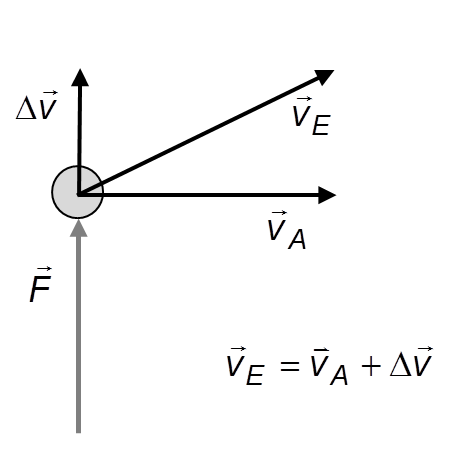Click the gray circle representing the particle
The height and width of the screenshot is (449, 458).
78,192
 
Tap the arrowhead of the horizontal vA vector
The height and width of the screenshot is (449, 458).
327,195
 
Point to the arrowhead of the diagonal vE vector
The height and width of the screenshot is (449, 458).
324,77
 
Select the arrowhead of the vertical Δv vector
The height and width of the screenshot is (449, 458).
80,78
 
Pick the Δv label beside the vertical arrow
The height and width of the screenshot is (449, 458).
37,105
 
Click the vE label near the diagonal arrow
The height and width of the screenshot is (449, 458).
311,116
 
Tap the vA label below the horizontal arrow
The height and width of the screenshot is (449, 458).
287,230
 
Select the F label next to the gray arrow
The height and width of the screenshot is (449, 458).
40,284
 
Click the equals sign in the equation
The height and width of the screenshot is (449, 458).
290,366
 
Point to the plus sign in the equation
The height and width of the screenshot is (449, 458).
371,366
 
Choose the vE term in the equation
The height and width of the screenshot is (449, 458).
246,366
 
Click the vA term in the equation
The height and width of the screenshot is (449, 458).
329,366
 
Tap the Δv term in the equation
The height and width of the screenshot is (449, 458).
411,362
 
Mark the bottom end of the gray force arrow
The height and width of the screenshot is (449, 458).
79,433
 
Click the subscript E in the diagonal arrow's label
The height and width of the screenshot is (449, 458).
321,125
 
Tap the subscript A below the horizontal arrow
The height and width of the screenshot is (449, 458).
297,239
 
